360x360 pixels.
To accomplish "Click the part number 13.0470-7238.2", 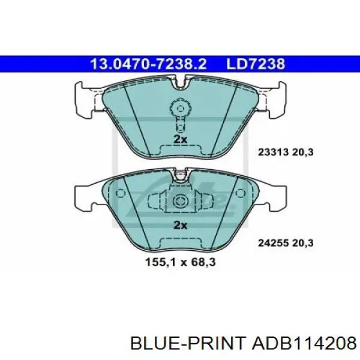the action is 148,64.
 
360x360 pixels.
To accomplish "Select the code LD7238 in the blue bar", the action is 256,64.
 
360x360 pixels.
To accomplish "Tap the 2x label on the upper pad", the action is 180,139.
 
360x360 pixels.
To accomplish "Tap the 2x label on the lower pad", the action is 180,225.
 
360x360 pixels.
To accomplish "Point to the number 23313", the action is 273,152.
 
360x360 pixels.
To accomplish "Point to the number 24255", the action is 273,243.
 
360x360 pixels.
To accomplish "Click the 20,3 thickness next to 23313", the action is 303,152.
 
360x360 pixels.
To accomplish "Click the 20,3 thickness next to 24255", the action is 303,243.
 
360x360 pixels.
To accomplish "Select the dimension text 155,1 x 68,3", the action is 181,262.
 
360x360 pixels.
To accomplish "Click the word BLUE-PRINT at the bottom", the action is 188,344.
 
